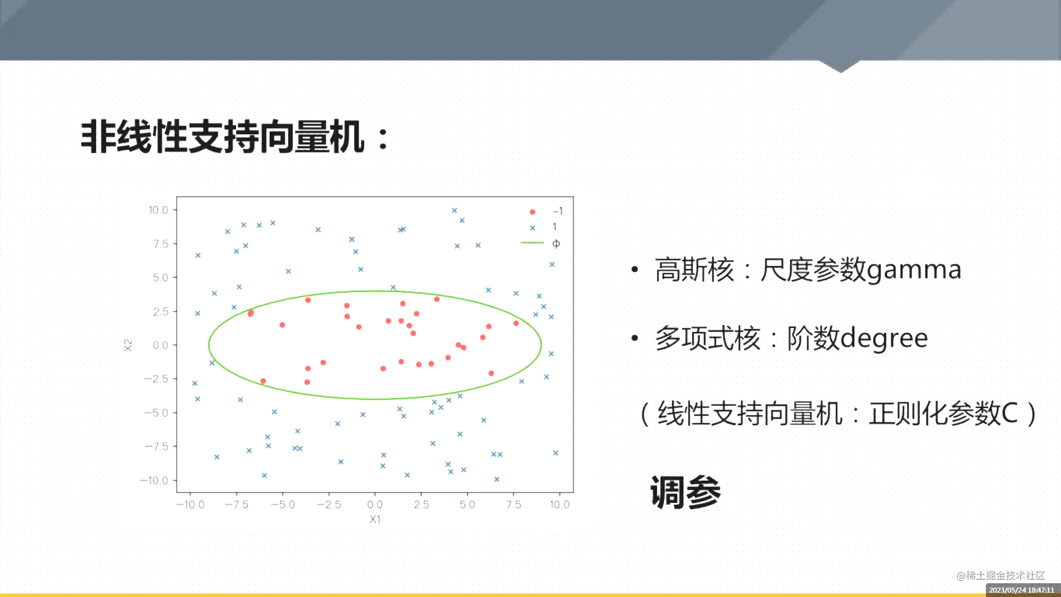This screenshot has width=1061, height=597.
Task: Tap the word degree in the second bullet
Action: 884,338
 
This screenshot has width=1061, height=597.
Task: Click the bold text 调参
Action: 685,492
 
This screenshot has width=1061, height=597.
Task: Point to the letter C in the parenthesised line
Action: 1010,413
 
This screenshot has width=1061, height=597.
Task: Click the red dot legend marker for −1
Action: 532,212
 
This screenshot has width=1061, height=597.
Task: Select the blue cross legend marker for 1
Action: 532,228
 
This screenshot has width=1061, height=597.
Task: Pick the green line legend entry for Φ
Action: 532,243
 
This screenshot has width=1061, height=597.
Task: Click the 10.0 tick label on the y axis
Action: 158,210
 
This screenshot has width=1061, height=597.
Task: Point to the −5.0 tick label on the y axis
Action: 156,413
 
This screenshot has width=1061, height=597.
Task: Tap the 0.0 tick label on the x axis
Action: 375,505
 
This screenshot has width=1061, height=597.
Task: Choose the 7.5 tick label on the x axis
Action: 513,505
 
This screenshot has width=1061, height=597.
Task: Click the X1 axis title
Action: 375,520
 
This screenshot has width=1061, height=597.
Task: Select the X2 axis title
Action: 128,345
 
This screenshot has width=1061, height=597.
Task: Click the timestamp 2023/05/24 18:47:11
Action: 1021,590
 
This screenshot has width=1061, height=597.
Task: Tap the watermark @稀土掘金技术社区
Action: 1001,576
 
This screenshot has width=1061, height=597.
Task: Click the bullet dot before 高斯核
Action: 635,270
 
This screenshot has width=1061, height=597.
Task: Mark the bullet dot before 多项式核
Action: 635,338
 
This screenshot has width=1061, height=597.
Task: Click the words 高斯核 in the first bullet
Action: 695,270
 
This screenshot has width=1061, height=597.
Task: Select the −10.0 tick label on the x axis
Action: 190,505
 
